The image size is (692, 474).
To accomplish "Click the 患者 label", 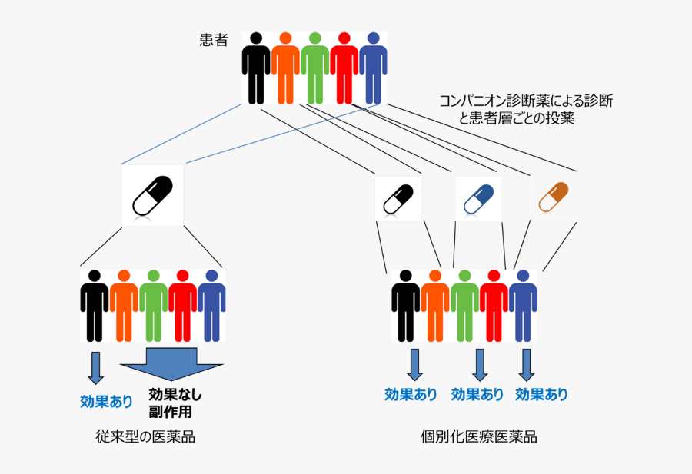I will point(214,41).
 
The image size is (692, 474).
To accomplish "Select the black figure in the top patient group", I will point(255,68).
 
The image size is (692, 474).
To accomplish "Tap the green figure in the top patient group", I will point(314,68).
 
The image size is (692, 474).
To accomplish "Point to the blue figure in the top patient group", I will point(373,68).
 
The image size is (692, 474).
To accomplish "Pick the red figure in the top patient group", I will point(344,68).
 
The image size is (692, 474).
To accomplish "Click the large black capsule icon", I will point(152,196).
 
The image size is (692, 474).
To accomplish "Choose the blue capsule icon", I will point(477,198).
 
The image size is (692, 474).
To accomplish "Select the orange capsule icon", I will point(554,197).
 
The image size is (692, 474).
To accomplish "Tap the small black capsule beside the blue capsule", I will point(403,198).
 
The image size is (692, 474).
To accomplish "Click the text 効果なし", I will point(175,395).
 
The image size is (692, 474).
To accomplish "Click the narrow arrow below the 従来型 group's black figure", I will point(95,366).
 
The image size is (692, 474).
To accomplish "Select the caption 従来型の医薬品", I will point(145,437).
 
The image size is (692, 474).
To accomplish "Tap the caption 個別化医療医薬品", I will point(479,437).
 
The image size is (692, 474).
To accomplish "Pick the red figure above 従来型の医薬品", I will point(182,304).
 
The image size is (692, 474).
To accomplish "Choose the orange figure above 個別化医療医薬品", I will point(434,304).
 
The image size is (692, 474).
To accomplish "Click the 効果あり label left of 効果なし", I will point(106,401).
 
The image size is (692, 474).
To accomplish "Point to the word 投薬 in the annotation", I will point(560,119).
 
